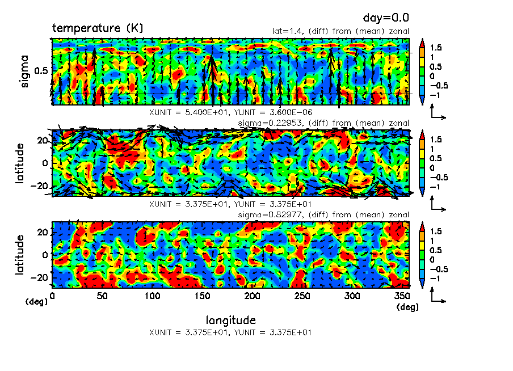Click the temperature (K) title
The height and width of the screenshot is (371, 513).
[x=98, y=28]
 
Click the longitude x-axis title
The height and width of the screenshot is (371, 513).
[x=230, y=321]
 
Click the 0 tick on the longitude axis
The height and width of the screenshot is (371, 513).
[x=53, y=296]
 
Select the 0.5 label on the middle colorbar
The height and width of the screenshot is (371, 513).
[x=437, y=158]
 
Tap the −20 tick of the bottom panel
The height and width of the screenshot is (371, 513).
[x=41, y=278]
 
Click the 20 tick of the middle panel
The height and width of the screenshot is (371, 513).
[x=43, y=140]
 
